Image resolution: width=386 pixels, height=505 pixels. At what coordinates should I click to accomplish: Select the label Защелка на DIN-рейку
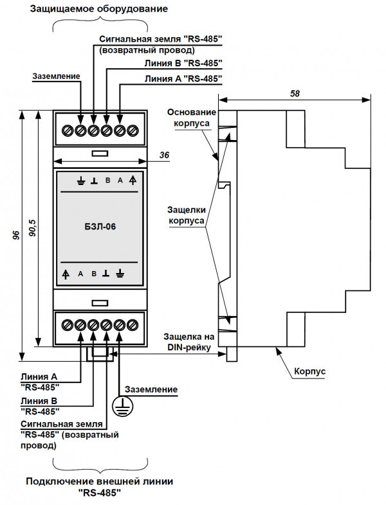[x=188, y=341]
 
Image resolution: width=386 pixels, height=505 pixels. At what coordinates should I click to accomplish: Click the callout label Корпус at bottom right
[x=310, y=372]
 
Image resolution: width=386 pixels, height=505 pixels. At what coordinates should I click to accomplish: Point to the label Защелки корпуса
[x=187, y=215]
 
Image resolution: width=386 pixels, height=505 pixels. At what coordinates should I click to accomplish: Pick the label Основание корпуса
[x=188, y=116]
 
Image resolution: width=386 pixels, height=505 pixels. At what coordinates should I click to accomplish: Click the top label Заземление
[x=56, y=76]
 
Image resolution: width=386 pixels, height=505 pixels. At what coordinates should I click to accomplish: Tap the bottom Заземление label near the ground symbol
[x=151, y=389]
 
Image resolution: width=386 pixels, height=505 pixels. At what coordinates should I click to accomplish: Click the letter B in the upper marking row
[x=107, y=181]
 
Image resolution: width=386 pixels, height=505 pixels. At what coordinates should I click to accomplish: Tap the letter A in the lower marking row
[x=80, y=274]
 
